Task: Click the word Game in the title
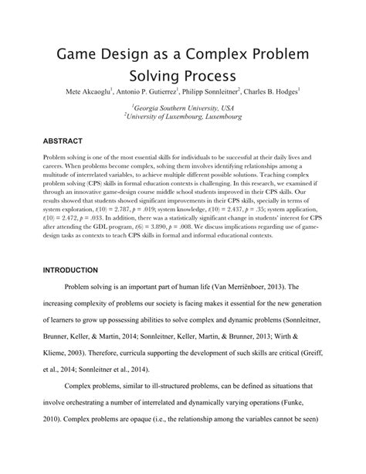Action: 78,59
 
